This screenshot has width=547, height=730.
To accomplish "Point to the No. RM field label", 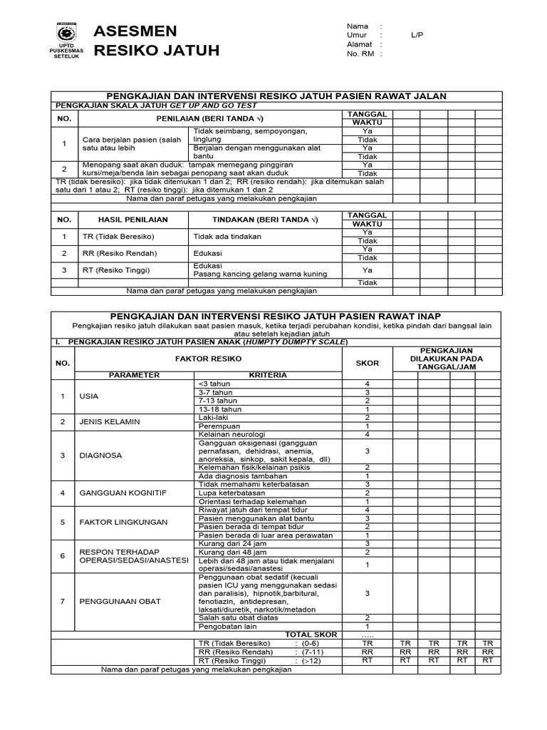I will [360, 53].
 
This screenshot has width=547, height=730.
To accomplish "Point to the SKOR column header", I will [368, 363].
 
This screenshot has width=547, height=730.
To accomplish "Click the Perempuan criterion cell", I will [217, 426].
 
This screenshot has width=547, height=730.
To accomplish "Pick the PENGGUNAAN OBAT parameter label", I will [120, 601].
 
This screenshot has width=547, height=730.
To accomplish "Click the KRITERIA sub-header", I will [267, 374].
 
